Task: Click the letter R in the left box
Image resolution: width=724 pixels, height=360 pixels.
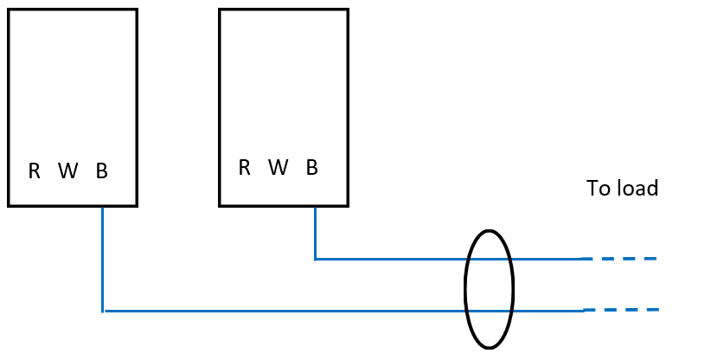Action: tap(35, 171)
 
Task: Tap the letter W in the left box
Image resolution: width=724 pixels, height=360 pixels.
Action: tap(67, 171)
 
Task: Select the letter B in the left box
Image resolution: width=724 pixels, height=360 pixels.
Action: tap(101, 171)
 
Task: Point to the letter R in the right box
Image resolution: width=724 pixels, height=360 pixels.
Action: tap(245, 167)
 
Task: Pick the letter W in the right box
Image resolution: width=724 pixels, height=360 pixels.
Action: tap(278, 167)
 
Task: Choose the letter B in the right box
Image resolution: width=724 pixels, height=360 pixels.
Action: tap(312, 167)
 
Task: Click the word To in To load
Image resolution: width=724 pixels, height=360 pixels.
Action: tap(598, 188)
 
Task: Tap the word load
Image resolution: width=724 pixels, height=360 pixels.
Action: tap(637, 188)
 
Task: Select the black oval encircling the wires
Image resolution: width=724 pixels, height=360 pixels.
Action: tap(467, 289)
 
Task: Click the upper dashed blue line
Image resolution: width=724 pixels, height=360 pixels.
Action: tap(619, 258)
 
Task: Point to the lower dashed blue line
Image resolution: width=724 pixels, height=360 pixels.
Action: tap(621, 310)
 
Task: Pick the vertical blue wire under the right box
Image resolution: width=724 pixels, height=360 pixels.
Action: tap(315, 232)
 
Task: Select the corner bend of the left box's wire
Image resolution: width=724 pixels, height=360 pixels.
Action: tap(103, 311)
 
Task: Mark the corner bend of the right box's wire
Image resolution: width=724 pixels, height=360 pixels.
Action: tap(315, 258)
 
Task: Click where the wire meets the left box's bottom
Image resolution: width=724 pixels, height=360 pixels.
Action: tap(103, 206)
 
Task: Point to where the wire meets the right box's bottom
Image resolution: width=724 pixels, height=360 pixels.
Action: tap(315, 206)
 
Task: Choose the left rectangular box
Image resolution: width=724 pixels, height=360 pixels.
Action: tap(73, 87)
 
